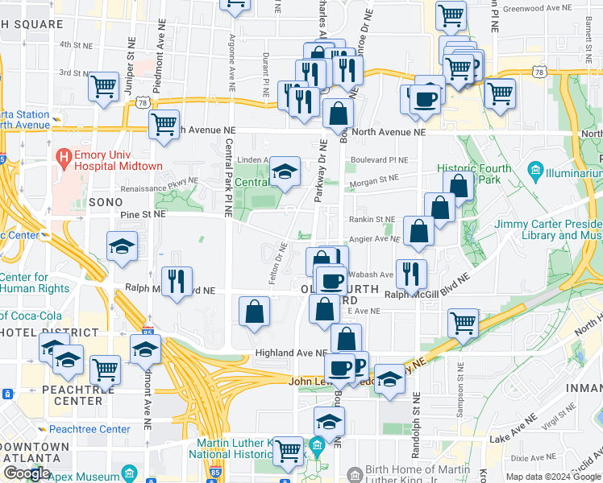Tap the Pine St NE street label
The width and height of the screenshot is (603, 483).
tap(142, 215)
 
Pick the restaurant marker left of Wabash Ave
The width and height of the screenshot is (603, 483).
tap(411, 273)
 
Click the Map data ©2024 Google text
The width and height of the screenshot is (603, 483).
tap(553, 477)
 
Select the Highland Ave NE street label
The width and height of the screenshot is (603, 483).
tap(291, 353)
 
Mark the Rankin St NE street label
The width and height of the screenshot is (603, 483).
tap(372, 219)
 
